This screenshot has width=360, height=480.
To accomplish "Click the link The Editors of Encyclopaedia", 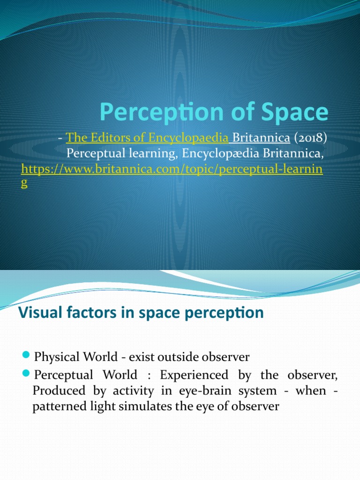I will [x=148, y=138].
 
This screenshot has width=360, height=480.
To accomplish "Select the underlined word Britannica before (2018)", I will [x=261, y=138].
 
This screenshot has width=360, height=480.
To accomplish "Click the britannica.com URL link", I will [x=172, y=169].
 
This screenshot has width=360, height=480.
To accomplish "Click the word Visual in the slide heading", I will [x=39, y=313].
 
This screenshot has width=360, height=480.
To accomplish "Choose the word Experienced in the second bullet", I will [x=194, y=375].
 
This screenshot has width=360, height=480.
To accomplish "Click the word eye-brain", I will [x=199, y=391].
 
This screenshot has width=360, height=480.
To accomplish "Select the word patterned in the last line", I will [x=55, y=407].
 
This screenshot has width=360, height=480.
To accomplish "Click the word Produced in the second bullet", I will [x=52, y=391].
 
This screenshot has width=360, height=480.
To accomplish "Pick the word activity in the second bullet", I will [x=114, y=391].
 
